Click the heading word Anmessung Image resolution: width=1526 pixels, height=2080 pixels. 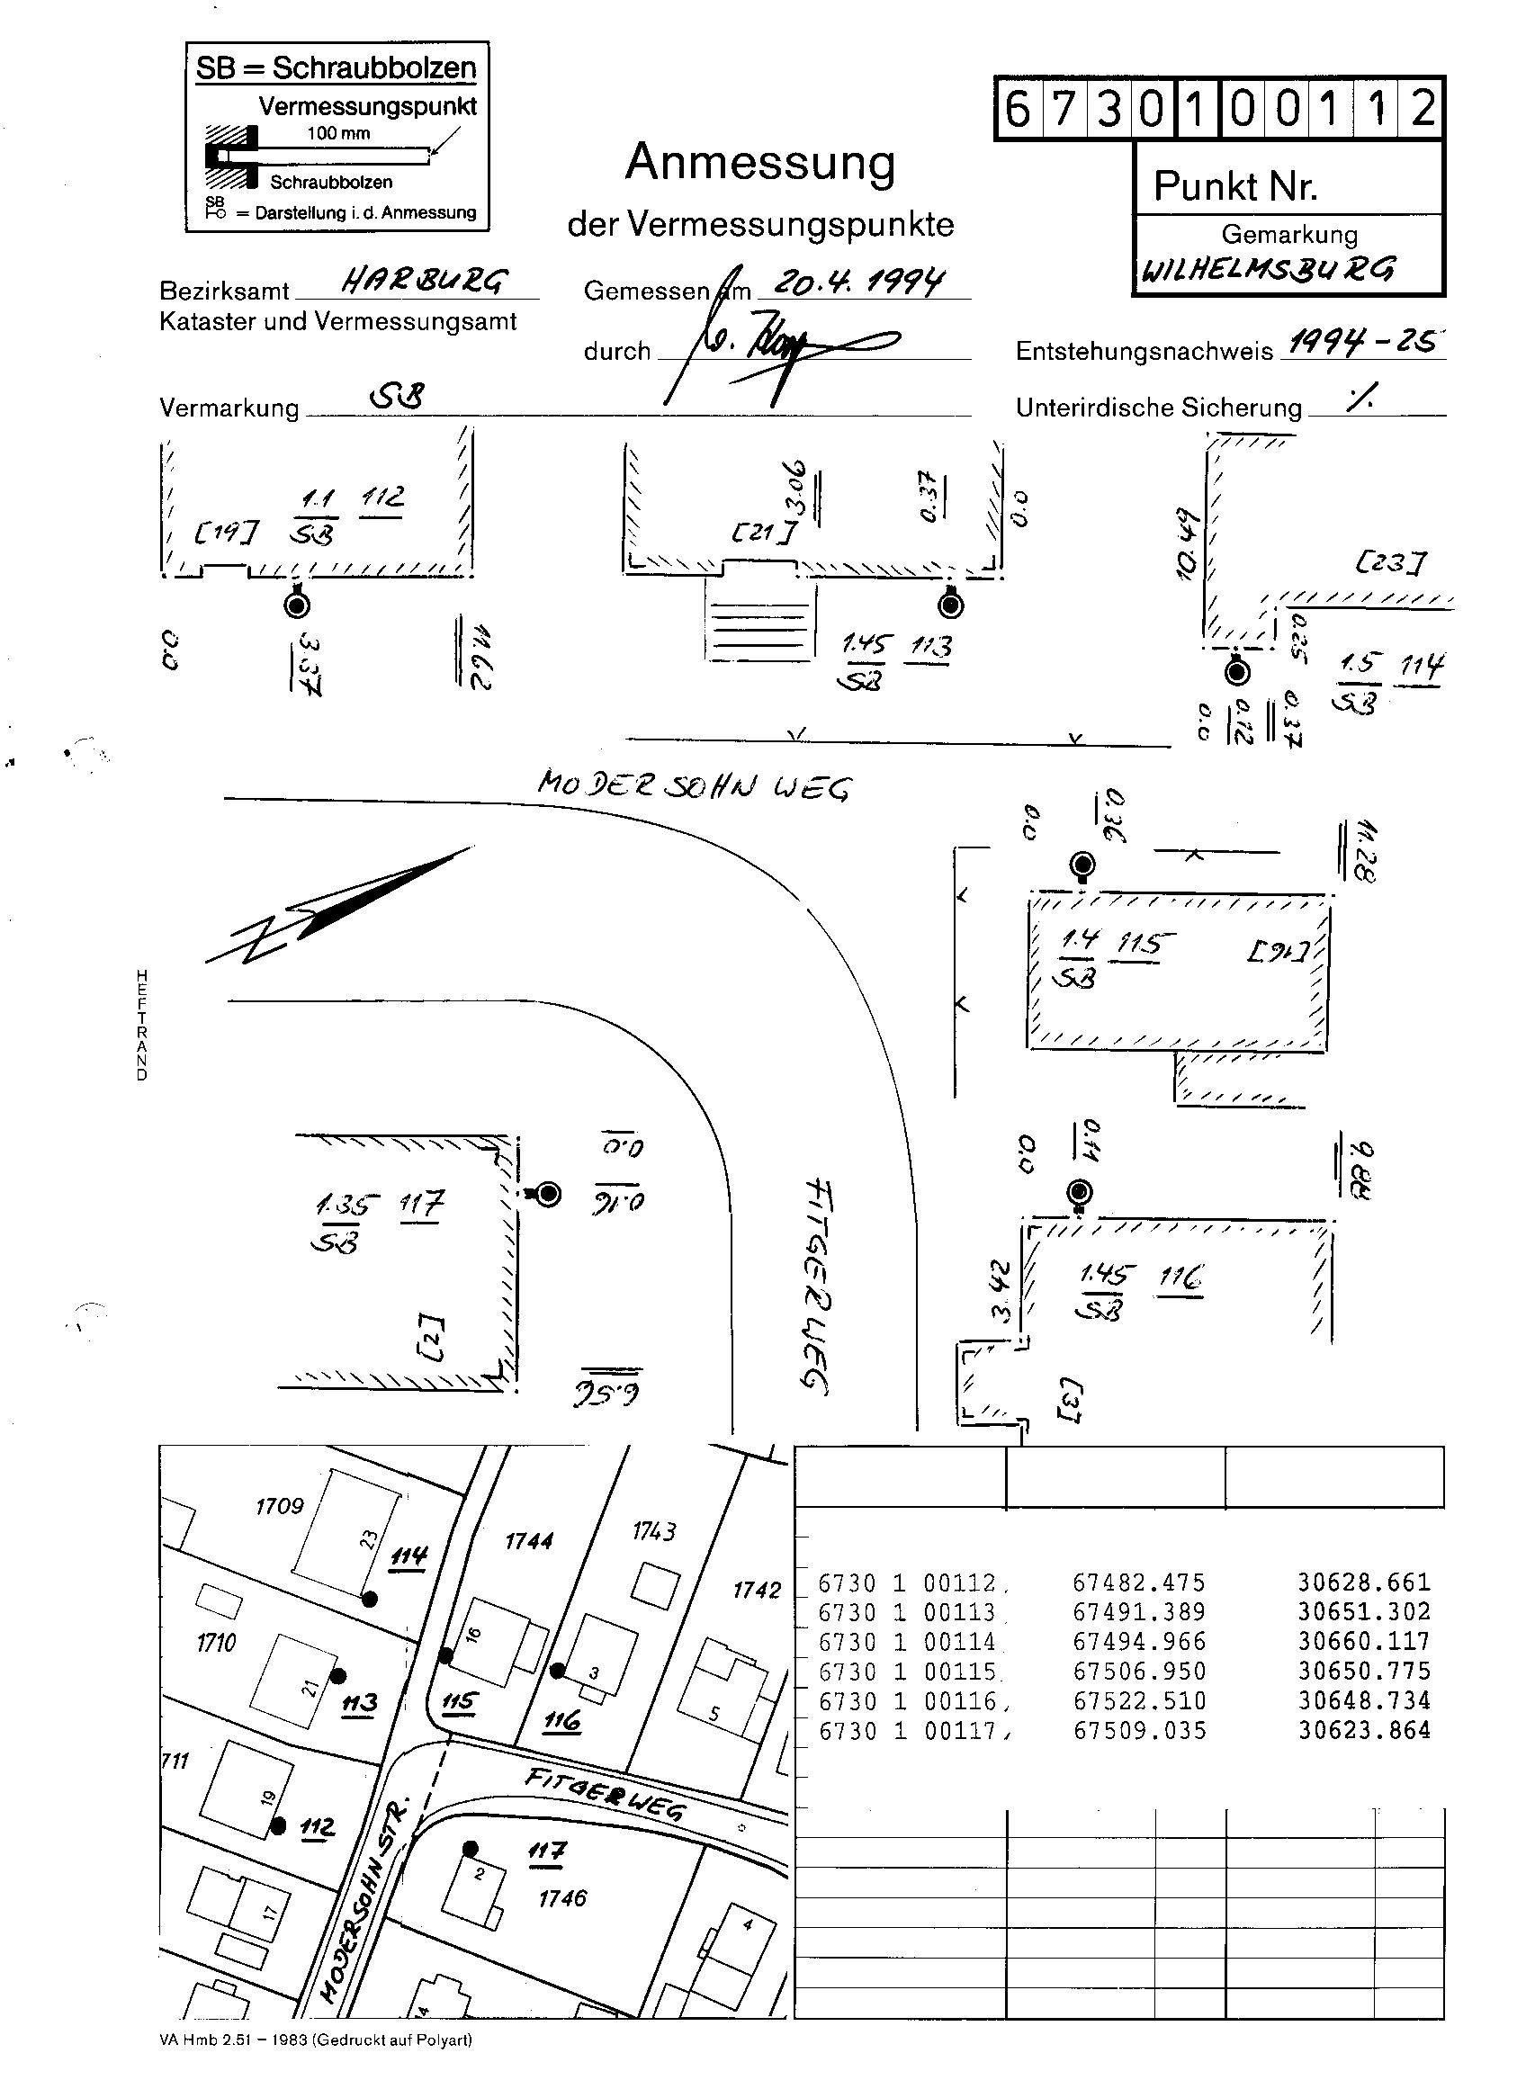pos(760,164)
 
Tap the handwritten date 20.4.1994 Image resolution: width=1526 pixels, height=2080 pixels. pos(859,281)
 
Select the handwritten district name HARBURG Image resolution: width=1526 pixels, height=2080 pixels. pos(424,281)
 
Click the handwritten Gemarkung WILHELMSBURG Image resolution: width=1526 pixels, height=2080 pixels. pos(1269,270)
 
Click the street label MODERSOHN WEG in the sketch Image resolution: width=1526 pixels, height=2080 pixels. pos(694,786)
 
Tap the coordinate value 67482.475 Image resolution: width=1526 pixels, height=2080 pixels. pos(1138,1583)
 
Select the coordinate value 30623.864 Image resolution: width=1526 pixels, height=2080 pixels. pos(1363,1731)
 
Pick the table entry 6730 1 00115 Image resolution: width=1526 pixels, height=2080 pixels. pos(908,1672)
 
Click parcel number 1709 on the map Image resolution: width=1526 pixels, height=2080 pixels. pos(279,1506)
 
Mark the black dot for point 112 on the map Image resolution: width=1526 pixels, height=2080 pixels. pos(278,1826)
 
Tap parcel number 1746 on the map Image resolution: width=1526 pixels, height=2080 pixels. pos(562,1898)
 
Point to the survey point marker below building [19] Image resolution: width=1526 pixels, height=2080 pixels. pos(297,605)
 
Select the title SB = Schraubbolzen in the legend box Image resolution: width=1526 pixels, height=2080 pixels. pos(337,68)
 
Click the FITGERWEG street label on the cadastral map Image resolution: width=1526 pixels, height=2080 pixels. pos(605,1795)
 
